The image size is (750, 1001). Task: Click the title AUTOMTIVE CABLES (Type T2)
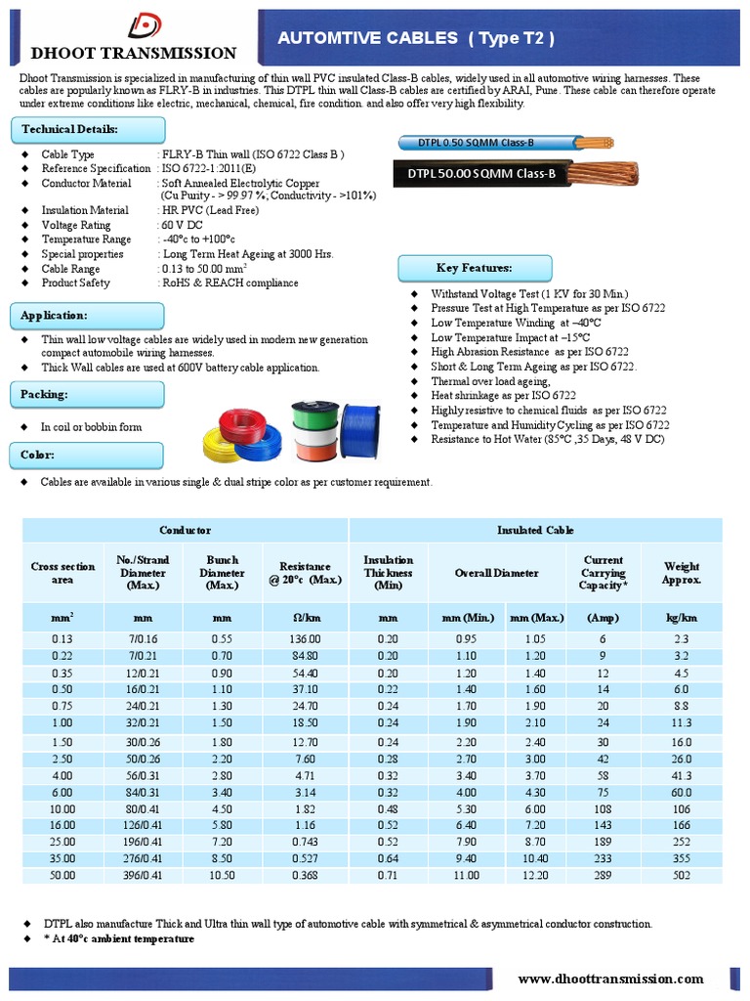(417, 38)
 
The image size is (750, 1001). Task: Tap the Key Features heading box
(475, 268)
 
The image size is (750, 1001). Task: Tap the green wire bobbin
(315, 417)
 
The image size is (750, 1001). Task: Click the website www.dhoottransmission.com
(610, 979)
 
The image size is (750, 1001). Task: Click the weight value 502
(681, 874)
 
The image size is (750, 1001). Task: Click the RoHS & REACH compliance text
(229, 283)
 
